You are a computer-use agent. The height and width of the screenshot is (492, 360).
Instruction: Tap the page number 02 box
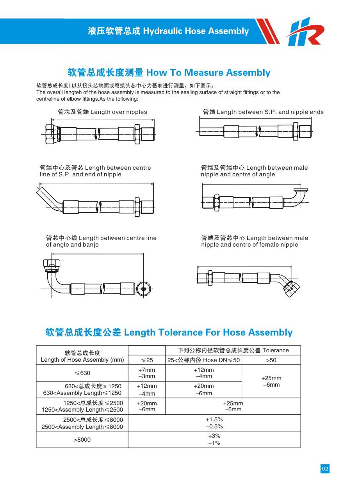(x=325, y=469)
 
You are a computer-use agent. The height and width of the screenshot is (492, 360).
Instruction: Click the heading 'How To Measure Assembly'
(x=169, y=73)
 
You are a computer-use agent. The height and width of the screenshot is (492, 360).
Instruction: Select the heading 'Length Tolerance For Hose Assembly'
(x=169, y=332)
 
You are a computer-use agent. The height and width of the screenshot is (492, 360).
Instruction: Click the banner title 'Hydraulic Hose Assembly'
(x=168, y=31)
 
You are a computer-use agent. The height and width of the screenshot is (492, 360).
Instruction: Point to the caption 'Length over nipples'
(x=102, y=112)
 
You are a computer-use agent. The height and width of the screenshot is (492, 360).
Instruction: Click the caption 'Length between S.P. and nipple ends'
(x=263, y=112)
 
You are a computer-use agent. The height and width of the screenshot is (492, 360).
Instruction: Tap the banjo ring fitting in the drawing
(x=143, y=289)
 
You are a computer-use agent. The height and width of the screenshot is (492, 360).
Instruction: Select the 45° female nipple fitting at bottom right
(x=291, y=287)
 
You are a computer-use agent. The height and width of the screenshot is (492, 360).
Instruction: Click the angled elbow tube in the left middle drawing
(x=49, y=199)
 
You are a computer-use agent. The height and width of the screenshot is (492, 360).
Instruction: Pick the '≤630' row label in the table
(x=82, y=373)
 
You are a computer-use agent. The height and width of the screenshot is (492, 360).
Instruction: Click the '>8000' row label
(x=82, y=440)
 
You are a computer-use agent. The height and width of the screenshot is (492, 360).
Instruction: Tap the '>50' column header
(x=271, y=360)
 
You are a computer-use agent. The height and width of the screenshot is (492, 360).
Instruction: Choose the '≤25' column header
(x=147, y=360)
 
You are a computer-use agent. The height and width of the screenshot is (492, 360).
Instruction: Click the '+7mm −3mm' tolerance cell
(x=147, y=373)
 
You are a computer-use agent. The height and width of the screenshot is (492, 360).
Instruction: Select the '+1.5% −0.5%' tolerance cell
(x=214, y=423)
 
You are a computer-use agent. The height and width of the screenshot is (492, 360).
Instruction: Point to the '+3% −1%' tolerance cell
(x=214, y=440)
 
